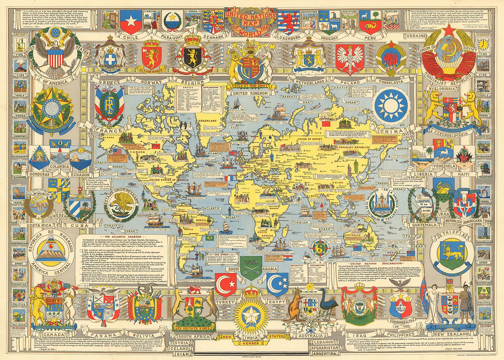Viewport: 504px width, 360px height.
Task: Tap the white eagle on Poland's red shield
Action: [350, 57]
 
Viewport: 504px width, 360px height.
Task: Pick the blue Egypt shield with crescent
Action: [278, 284]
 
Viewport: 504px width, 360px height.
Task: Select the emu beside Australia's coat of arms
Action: [326, 305]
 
